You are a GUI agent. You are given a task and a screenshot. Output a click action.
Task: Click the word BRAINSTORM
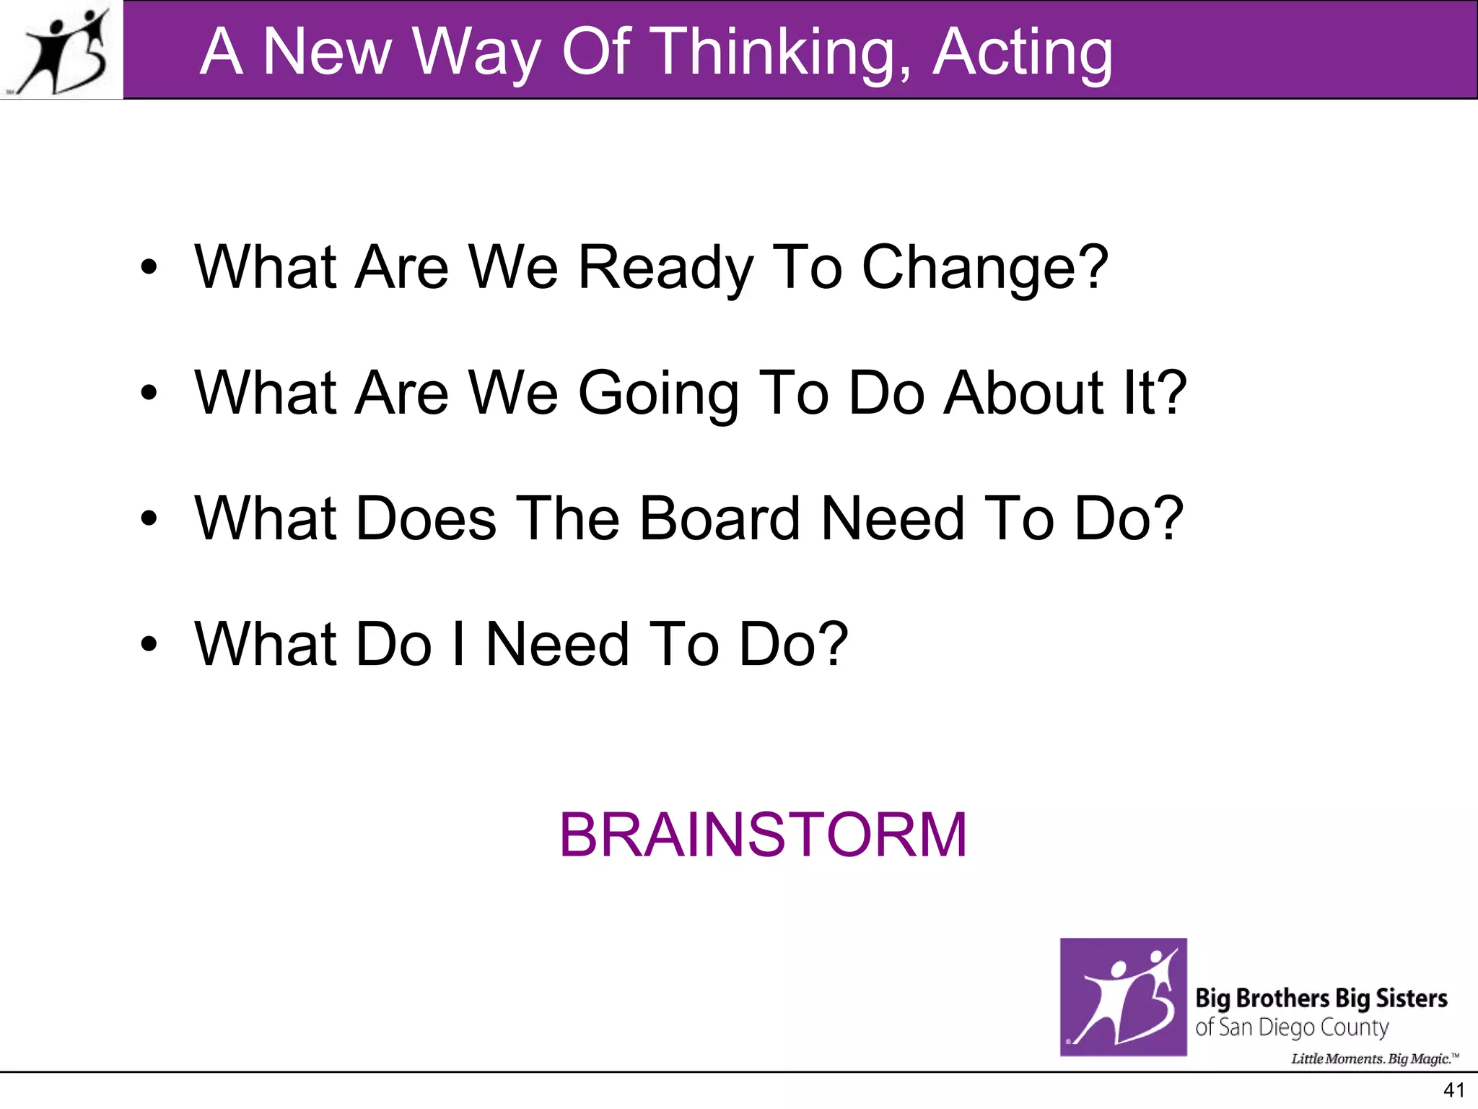point(763,835)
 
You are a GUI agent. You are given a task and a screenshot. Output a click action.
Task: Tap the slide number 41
point(1453,1090)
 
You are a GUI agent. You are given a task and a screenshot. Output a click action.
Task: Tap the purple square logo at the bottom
point(1123,997)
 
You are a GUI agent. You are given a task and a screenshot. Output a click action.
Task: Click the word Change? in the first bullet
point(984,267)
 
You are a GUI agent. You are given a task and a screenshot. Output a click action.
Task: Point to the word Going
point(657,393)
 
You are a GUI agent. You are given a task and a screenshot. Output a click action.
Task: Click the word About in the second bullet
point(1023,393)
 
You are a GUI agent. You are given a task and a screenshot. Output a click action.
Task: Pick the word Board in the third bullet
point(720,518)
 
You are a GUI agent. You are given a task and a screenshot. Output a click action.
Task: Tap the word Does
point(426,518)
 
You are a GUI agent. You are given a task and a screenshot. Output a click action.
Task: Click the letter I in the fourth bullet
point(458,644)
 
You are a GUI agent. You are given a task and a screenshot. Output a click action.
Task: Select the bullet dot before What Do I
point(149,644)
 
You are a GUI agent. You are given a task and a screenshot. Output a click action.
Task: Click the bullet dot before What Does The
point(149,518)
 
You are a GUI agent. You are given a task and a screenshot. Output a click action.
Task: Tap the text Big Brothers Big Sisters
point(1321,999)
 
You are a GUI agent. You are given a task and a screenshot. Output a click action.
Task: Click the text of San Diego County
point(1292,1027)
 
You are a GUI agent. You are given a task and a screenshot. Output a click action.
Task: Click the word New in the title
point(326,52)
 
